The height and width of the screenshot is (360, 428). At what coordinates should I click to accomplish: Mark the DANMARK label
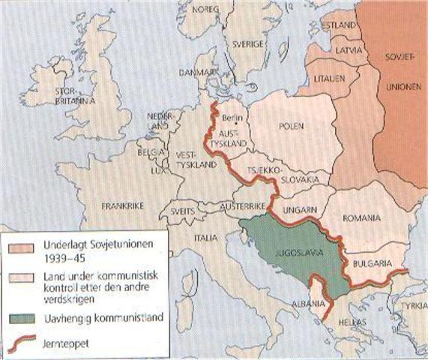pyautogui.click(x=191, y=72)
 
